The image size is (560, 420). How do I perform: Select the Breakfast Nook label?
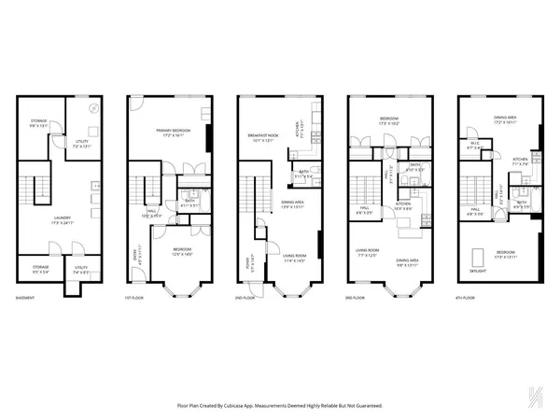coord(267,135)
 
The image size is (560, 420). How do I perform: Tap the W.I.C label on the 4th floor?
coord(475,145)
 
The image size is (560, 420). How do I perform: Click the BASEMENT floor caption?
coord(26,298)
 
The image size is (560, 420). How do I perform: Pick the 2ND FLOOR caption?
coord(247,298)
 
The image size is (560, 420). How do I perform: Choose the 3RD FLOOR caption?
coord(358,298)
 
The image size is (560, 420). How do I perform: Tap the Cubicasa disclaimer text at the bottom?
coord(279,405)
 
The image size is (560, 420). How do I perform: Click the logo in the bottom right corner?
coord(533,399)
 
